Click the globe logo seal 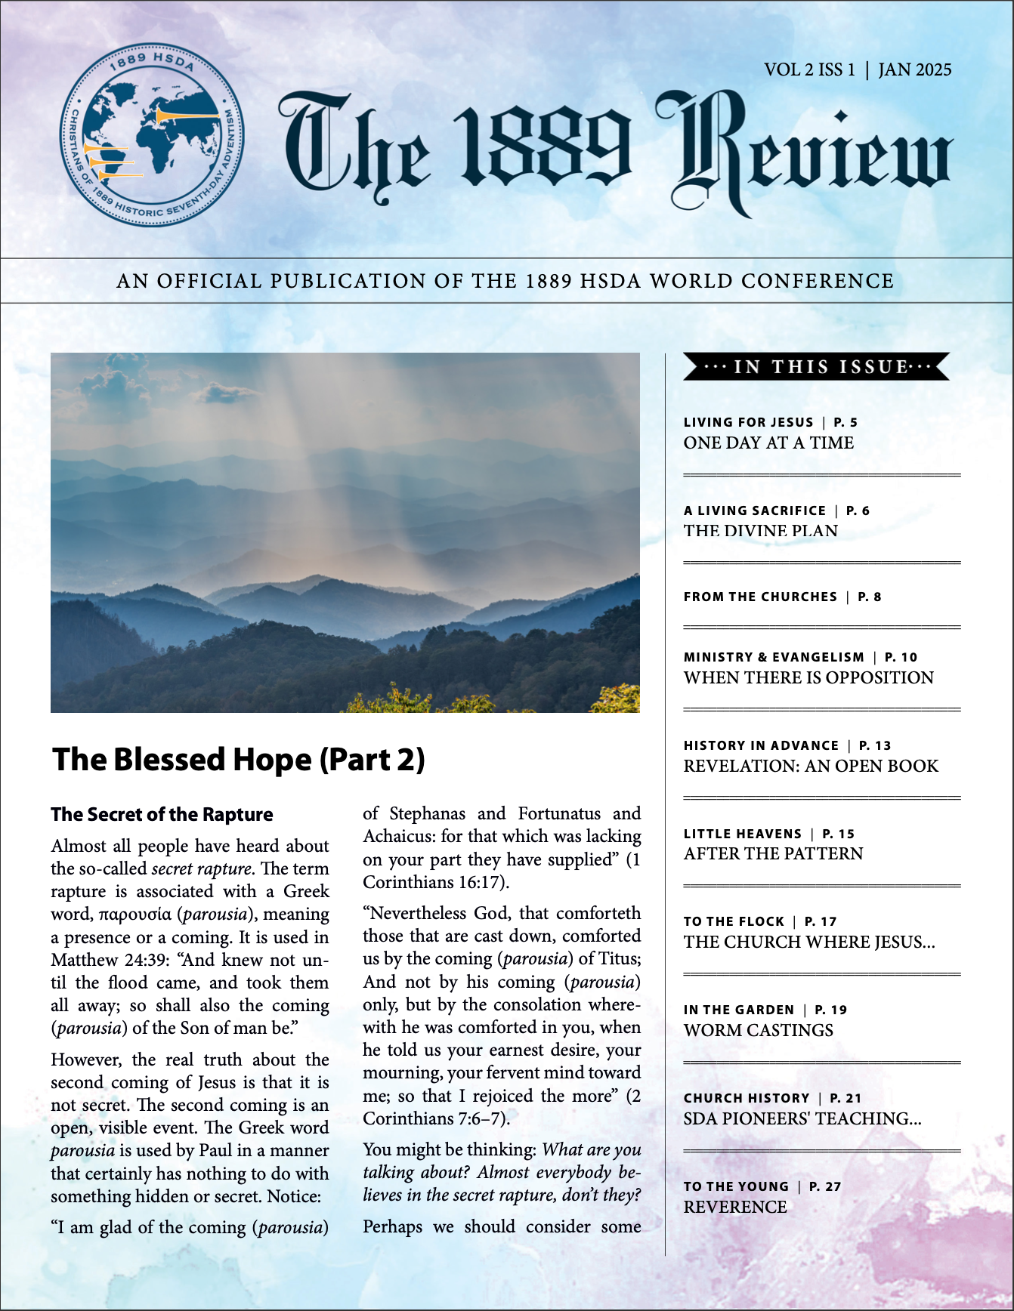[x=152, y=134]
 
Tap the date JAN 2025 [x=914, y=69]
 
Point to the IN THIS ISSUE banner [x=816, y=367]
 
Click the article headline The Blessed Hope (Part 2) [x=239, y=760]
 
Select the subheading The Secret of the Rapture [x=162, y=814]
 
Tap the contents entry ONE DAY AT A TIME [x=768, y=443]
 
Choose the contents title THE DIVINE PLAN [x=760, y=531]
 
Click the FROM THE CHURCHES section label [x=760, y=597]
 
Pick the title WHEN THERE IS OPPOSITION [x=808, y=677]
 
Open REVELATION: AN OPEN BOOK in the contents [x=811, y=766]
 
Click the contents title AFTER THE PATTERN [x=773, y=853]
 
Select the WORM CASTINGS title [x=758, y=1030]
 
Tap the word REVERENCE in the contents [x=735, y=1207]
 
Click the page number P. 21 [x=846, y=1098]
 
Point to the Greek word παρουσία [x=135, y=915]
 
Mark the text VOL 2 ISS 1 [x=809, y=69]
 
